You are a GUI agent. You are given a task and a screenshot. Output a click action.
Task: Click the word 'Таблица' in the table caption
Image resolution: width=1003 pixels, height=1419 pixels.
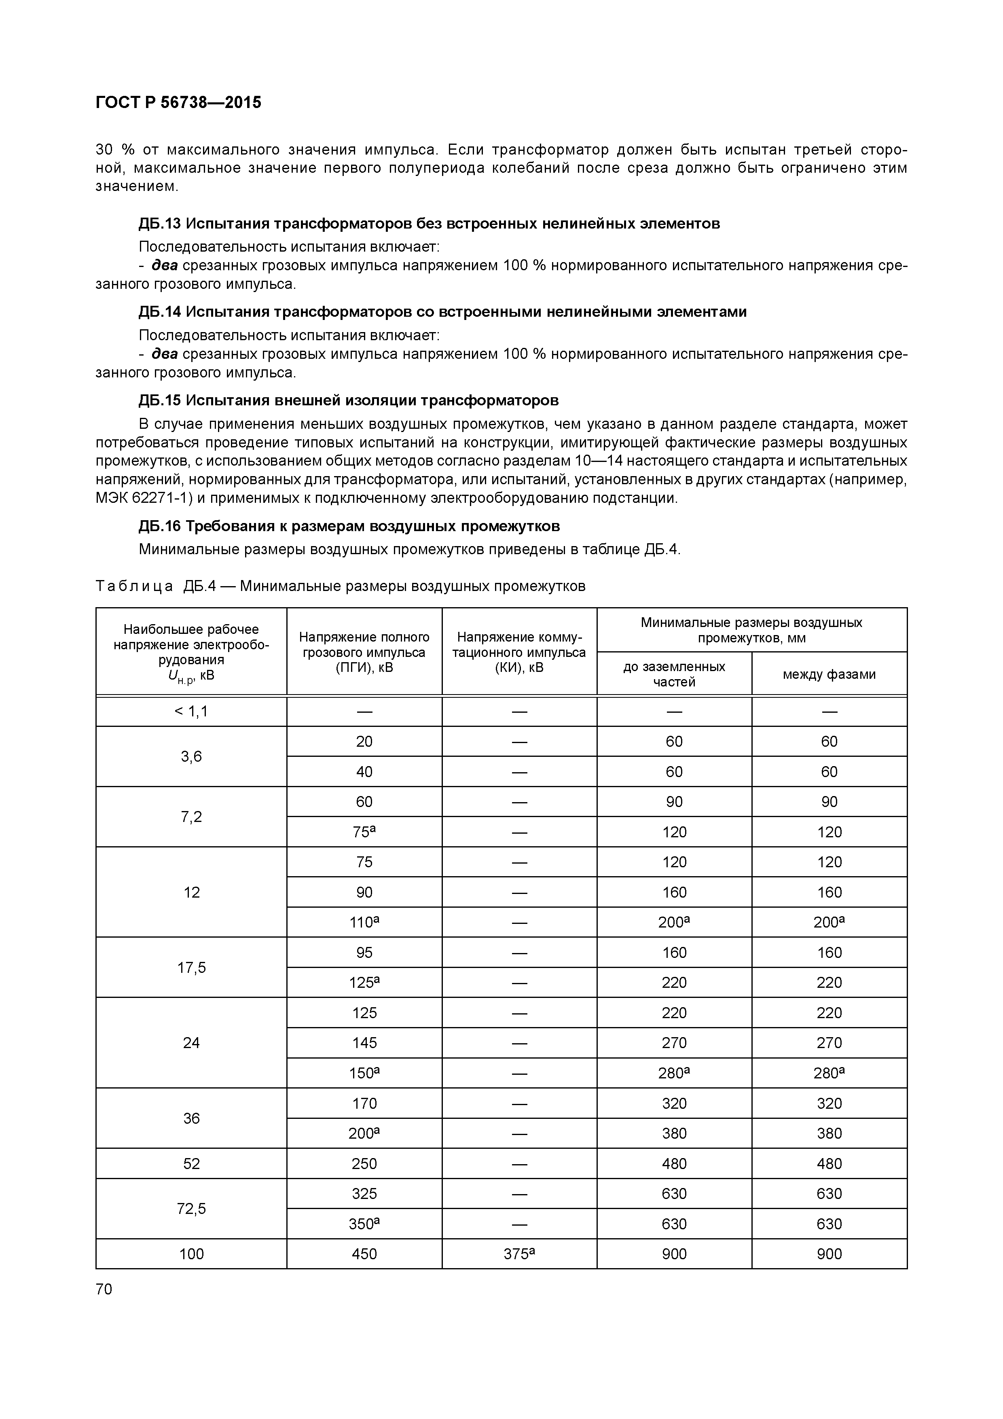[x=134, y=586]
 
